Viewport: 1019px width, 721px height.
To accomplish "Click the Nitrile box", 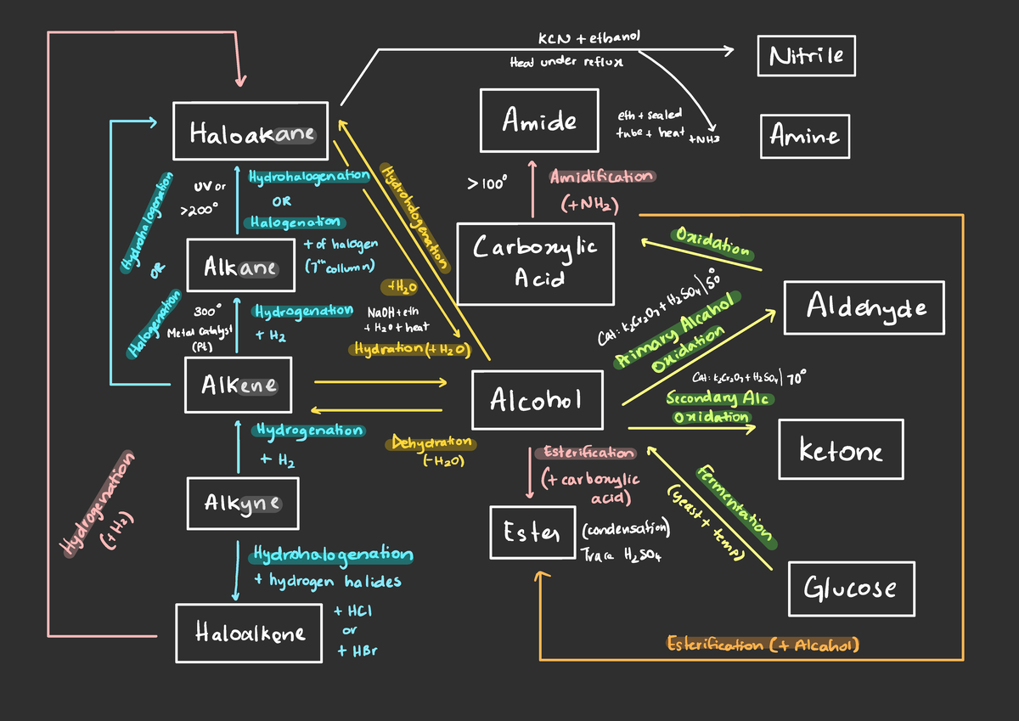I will pos(807,56).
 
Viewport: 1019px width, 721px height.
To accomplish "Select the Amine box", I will pos(804,136).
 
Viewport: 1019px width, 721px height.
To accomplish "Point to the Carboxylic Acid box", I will pos(534,263).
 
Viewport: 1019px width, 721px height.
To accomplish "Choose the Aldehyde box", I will pos(864,307).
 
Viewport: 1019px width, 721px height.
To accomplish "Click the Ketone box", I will pos(841,450).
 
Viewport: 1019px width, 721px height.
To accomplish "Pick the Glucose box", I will pos(850,587).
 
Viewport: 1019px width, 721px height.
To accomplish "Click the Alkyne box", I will pos(243,503).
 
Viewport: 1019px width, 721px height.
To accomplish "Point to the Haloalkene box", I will pos(249,633).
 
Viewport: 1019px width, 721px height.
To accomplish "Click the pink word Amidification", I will pos(601,177).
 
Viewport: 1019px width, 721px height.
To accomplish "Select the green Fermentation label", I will pos(735,504).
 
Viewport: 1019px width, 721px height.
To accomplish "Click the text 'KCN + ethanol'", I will pos(588,39).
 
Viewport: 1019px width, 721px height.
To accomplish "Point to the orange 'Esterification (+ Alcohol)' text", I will pos(763,645).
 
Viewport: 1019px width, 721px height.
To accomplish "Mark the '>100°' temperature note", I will pos(487,182).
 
